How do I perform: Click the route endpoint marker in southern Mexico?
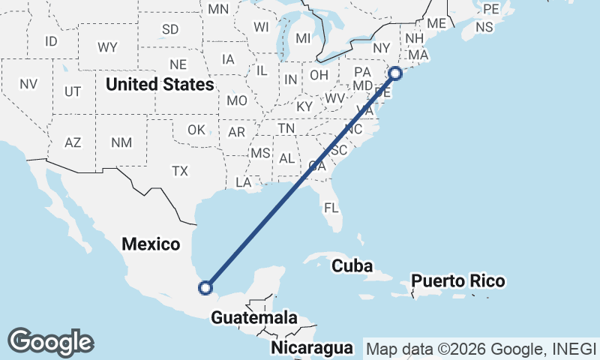point(205,286)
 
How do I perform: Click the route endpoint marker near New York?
point(395,73)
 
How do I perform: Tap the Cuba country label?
point(352,265)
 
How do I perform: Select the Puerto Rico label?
point(458,282)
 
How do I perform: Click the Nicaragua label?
point(312,348)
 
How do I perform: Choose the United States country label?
point(159,84)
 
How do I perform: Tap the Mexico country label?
point(151,244)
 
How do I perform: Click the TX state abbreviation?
point(179,171)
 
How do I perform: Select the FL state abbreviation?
point(331,208)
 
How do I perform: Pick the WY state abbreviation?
point(107,47)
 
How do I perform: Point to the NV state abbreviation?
point(28,84)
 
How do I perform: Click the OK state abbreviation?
point(196,130)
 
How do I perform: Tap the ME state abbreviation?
point(436,23)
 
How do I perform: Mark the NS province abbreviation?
point(484,27)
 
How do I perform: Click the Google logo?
point(50,342)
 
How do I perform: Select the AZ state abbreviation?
point(73,142)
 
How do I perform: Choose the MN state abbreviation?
point(218,9)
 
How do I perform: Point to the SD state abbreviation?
point(170,30)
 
